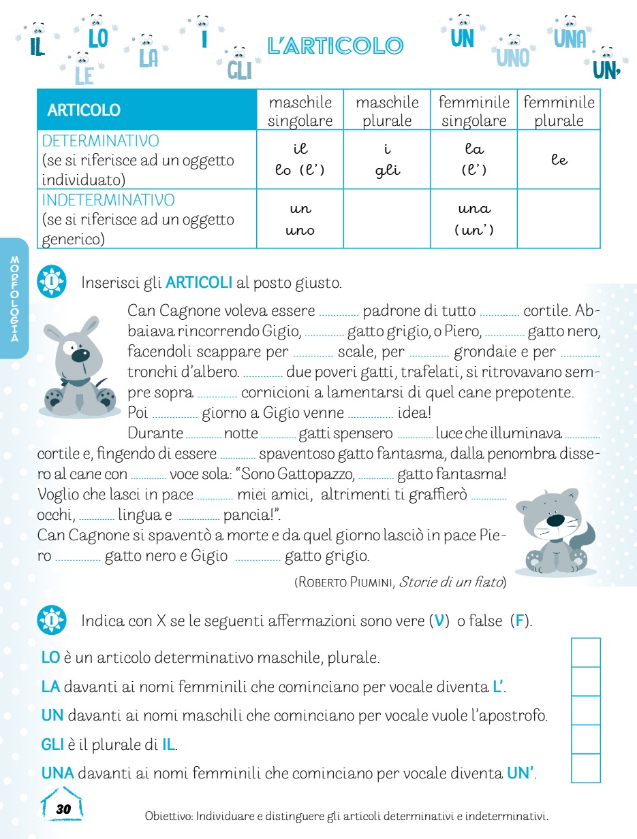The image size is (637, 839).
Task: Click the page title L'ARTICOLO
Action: (335, 46)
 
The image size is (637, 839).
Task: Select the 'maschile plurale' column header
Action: (387, 111)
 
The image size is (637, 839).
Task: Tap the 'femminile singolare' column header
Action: (473, 111)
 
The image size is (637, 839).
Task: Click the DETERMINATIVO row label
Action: (101, 141)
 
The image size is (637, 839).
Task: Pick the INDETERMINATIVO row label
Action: (108, 200)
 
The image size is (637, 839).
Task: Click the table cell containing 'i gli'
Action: (387, 159)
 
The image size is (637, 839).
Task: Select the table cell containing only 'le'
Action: (559, 159)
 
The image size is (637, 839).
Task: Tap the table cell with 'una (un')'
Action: (473, 218)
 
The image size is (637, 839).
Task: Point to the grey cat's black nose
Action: (555, 521)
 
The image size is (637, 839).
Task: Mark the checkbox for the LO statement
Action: (586, 653)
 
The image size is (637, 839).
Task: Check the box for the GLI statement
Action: (586, 740)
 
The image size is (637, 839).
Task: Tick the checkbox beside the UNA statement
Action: (586, 769)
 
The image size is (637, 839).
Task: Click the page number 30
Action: (63, 809)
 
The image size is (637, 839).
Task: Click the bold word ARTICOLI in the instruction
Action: (199, 282)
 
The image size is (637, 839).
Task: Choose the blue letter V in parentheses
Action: (439, 621)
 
